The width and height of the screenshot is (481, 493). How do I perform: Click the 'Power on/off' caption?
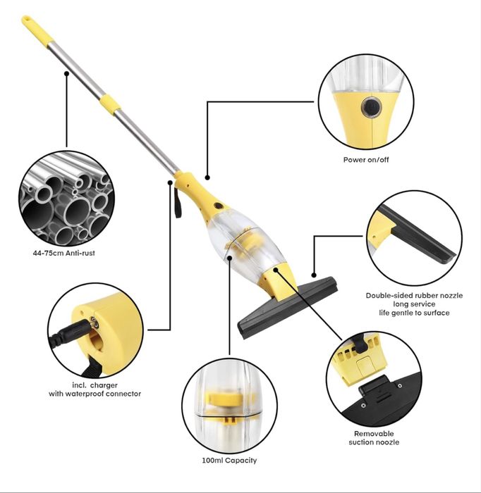tap(366, 160)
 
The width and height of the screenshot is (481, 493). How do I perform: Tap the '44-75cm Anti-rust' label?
tap(64, 253)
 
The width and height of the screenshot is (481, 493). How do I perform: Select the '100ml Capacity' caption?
tap(229, 461)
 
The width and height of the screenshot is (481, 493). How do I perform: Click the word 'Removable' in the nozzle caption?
tap(374, 434)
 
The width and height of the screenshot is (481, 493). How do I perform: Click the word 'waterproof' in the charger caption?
tap(85, 394)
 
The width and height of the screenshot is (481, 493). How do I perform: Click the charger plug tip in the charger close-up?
tap(94, 322)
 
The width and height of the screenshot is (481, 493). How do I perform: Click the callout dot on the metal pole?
tap(67, 73)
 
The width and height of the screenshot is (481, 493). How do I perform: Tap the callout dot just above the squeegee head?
tap(314, 275)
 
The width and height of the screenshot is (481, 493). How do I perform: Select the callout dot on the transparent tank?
tap(229, 258)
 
